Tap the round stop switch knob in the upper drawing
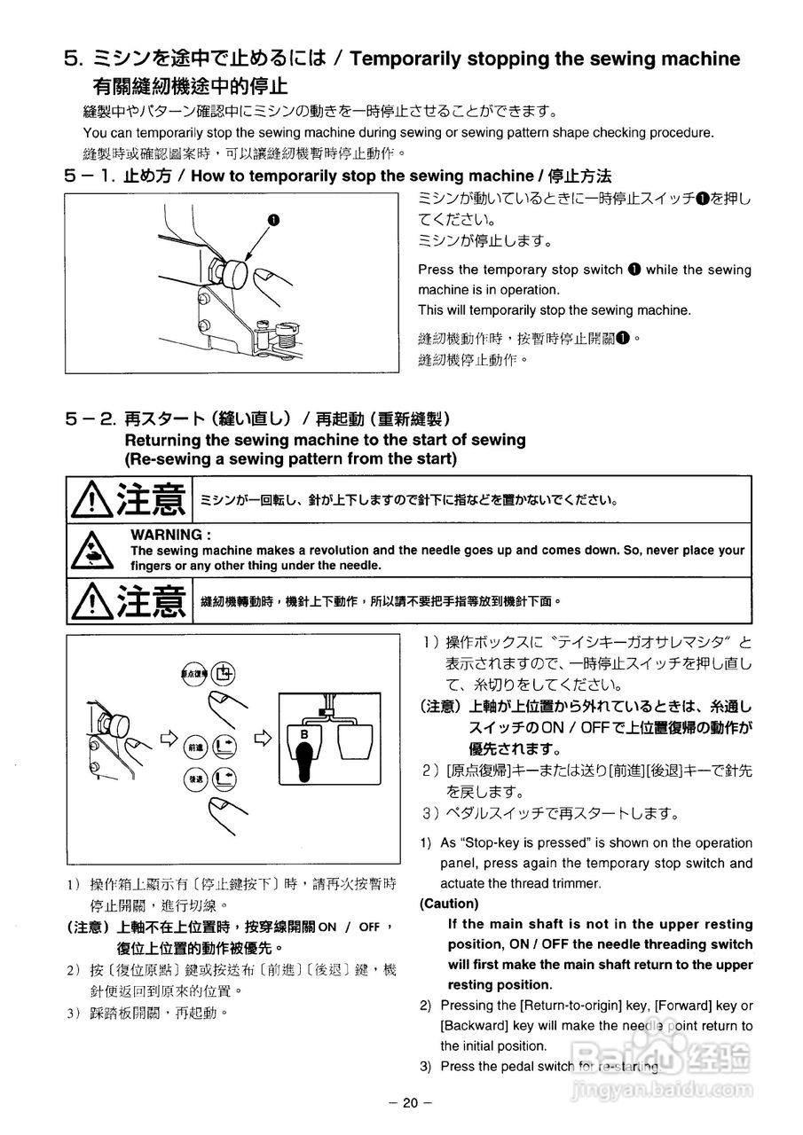point(233,271)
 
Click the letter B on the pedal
point(303,734)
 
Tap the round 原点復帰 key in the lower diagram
point(194,674)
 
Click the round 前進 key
point(194,747)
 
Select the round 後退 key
point(194,779)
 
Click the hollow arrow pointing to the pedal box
point(263,737)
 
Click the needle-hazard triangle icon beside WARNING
point(91,551)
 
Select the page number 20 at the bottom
point(409,1103)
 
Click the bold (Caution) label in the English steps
point(449,904)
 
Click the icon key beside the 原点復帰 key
point(223,674)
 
